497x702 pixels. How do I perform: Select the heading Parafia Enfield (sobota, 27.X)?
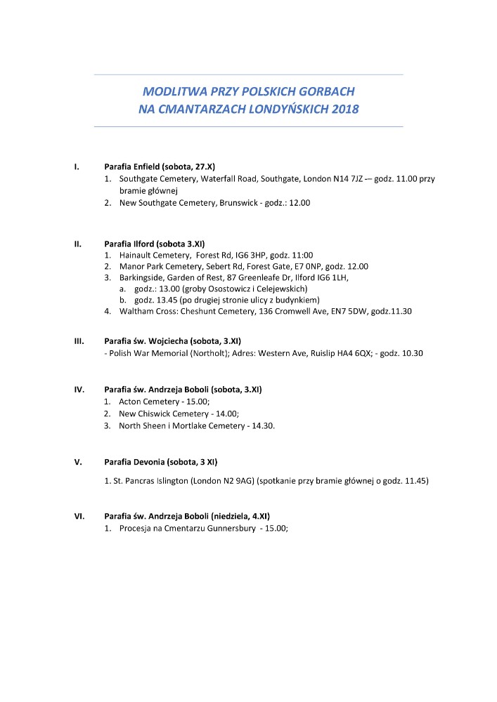point(160,167)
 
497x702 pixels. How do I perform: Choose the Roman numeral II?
point(78,244)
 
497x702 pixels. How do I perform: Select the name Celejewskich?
point(283,289)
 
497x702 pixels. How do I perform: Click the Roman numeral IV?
point(79,389)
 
